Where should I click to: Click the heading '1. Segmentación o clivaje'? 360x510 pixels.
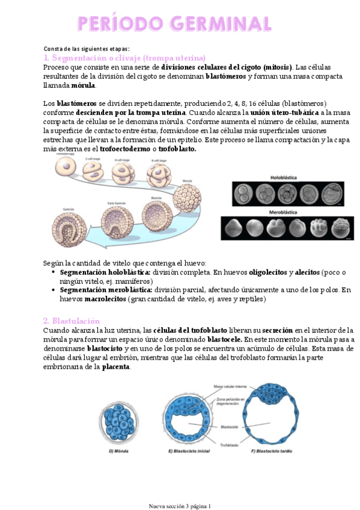click(124, 58)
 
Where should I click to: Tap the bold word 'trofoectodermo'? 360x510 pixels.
click(135, 149)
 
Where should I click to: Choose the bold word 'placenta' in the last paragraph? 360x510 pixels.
click(115, 367)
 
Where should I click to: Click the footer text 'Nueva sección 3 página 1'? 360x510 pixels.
click(180, 505)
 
